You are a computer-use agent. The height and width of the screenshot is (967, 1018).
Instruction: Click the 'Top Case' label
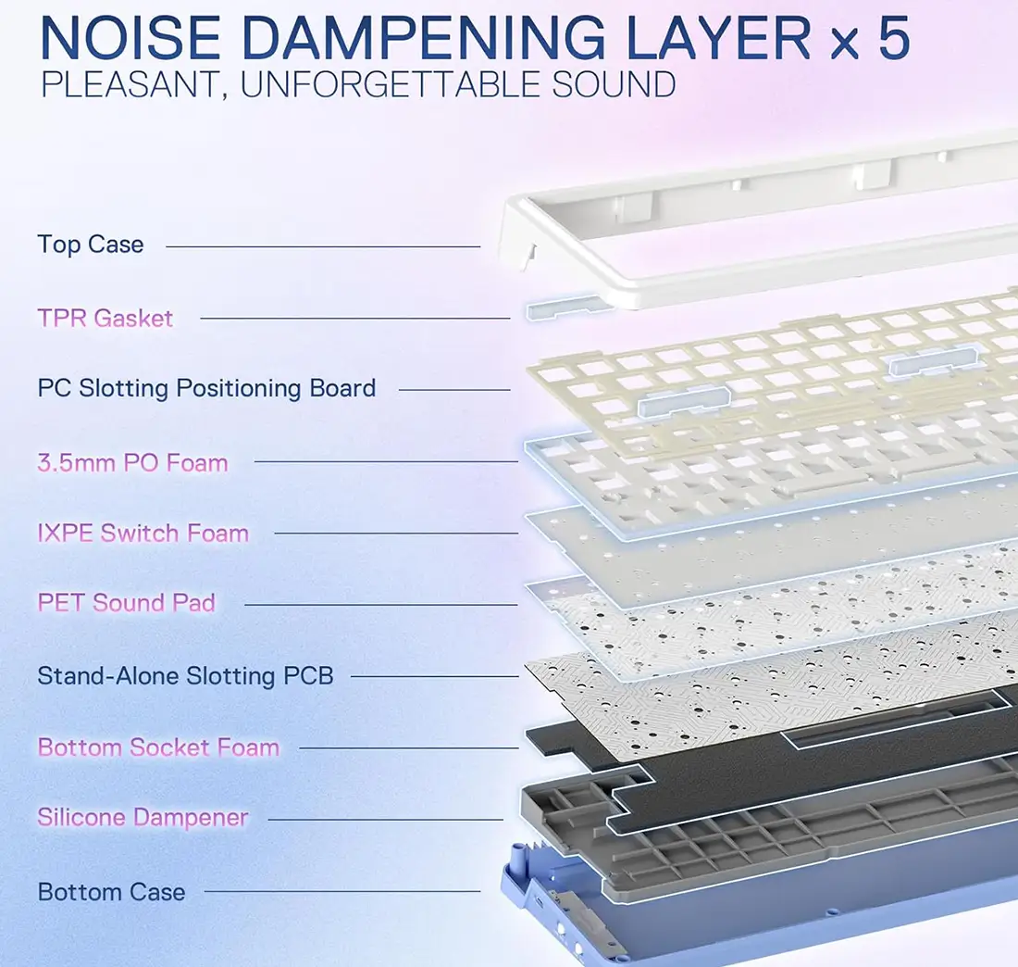[x=91, y=245]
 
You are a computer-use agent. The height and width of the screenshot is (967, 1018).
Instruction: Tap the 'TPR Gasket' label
[x=106, y=319]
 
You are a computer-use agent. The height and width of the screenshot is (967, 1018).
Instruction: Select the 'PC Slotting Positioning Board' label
[x=206, y=387]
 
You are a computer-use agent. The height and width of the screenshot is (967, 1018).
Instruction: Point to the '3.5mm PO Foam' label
[x=132, y=462]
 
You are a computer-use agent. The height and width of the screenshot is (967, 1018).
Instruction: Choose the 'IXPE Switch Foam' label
[x=143, y=534]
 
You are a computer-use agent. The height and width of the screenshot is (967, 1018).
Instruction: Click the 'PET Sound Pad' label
[x=127, y=603]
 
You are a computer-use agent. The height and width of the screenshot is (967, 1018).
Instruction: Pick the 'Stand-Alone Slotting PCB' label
[x=185, y=676]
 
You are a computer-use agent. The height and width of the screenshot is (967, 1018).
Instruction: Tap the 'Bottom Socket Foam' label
[x=158, y=747]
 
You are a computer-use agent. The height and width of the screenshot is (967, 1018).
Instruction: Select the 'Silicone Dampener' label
[x=143, y=818]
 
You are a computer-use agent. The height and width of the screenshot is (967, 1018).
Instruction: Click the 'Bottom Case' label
[x=111, y=893]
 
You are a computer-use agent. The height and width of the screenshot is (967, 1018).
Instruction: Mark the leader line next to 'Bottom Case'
[x=341, y=893]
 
